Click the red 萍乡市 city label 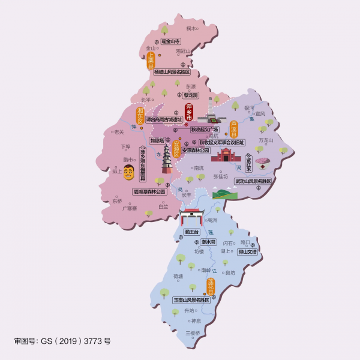click(x=190, y=111)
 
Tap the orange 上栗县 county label click(x=151, y=61)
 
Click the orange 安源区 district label click(x=176, y=149)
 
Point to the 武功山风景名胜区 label click(x=253, y=181)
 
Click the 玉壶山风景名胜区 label click(x=191, y=299)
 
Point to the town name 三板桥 click(x=193, y=332)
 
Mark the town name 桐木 click(x=191, y=28)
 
